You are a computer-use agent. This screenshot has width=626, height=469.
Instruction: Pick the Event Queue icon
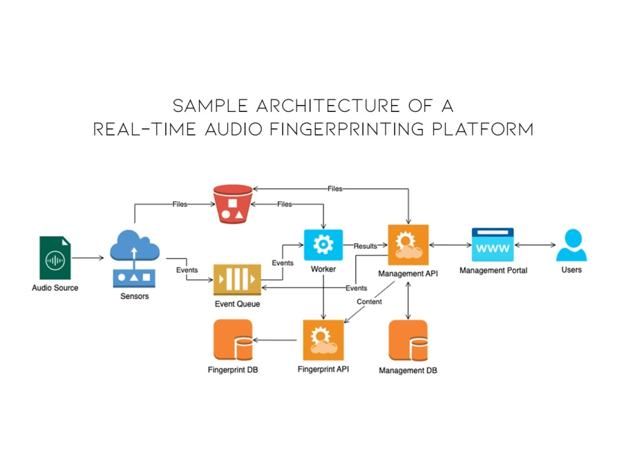point(237,280)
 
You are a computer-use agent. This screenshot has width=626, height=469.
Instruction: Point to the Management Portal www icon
point(493,245)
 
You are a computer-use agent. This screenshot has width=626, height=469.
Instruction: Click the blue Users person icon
point(571,245)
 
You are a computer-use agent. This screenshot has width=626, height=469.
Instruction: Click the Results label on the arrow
point(366,246)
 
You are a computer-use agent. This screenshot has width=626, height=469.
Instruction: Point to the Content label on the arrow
point(369,301)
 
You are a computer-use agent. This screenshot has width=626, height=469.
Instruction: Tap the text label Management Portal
point(493,270)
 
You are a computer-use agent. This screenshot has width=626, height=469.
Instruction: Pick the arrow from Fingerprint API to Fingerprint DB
point(275,341)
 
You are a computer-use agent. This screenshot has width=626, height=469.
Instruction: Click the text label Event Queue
point(237,304)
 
